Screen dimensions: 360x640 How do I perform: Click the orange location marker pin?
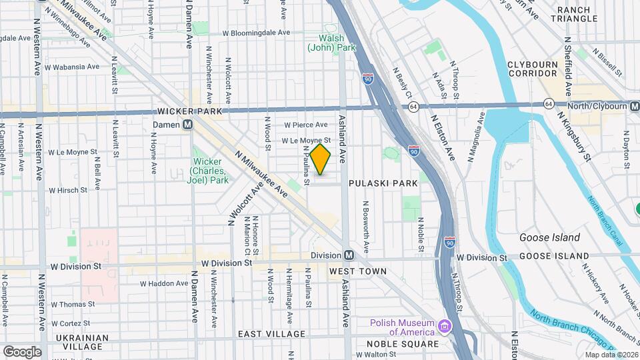coord(321,159)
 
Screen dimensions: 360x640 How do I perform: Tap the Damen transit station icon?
coord(188,124)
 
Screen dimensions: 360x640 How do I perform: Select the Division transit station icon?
coord(348,256)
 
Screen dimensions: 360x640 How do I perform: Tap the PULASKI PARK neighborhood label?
coord(382,182)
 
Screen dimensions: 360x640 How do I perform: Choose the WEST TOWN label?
coord(358,271)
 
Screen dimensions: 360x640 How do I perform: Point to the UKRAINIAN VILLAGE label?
coord(82,342)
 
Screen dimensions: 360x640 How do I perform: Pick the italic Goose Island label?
coord(550,237)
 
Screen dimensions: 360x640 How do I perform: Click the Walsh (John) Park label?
coord(331,43)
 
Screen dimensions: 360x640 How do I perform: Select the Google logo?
coord(22,351)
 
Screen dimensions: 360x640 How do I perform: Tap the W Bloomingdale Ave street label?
coord(256,32)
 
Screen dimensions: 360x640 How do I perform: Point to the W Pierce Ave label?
coord(306,125)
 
